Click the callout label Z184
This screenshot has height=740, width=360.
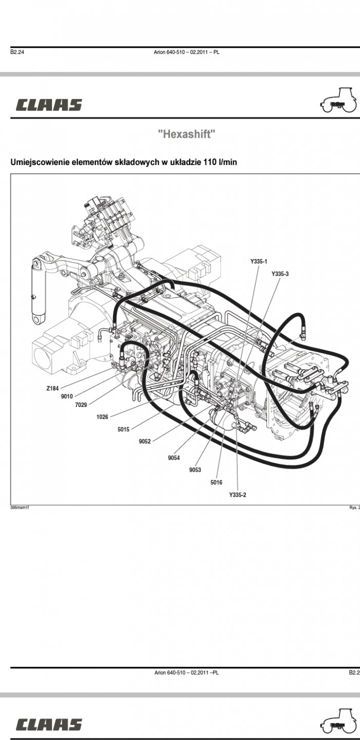coord(52,388)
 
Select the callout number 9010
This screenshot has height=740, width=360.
coord(67,396)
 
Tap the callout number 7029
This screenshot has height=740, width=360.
coord(81,405)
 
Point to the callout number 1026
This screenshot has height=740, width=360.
coord(102,417)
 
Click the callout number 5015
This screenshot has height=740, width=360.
coord(123,429)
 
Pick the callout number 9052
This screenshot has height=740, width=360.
coord(144,441)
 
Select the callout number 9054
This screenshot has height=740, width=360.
coord(174,457)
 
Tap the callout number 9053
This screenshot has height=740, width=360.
coord(195,470)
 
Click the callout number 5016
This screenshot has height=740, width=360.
coord(216,482)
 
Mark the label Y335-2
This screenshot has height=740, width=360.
coord(238,494)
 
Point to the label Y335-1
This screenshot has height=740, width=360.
coord(259,262)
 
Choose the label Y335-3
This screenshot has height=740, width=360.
coord(280,274)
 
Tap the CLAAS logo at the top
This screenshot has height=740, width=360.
coord(49,105)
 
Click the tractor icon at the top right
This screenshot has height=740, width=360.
coord(338,101)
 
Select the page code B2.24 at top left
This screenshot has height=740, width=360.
coord(17,52)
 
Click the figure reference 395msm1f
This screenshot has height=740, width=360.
coord(20,507)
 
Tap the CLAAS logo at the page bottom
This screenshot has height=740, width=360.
coord(49,725)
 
